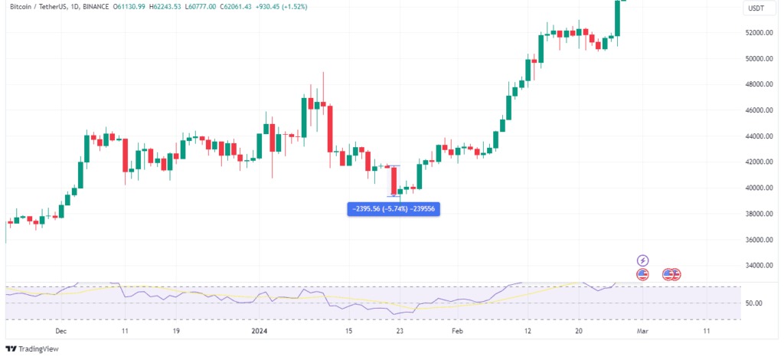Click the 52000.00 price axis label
(759, 33)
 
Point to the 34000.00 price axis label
(759, 266)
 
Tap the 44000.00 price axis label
(759, 136)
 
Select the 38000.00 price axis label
(759, 214)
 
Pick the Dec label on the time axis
(62, 331)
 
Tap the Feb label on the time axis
(457, 331)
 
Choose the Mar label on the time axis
(642, 331)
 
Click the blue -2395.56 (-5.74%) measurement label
(394, 208)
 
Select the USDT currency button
(755, 8)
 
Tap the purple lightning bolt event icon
(643, 261)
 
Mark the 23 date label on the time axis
(400, 331)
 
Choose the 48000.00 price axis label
(759, 84)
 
